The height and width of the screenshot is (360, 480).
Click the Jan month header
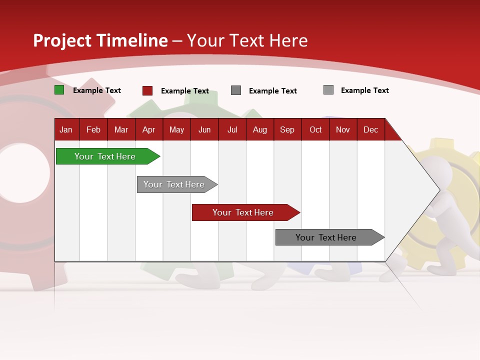(x=66, y=129)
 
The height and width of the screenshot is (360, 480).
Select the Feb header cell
(x=93, y=129)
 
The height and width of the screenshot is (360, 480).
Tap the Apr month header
(x=148, y=129)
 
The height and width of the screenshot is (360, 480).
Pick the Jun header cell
(x=204, y=129)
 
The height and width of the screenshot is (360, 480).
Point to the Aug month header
(x=259, y=129)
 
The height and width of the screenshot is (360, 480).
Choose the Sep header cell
(x=287, y=129)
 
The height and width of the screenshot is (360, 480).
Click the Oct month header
(x=315, y=129)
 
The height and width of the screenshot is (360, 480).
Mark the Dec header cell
(x=370, y=129)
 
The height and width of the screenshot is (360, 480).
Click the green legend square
(x=59, y=90)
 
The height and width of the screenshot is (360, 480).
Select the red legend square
(x=147, y=90)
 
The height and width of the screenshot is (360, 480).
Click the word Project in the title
(x=62, y=40)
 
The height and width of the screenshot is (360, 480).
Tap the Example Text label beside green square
(x=97, y=90)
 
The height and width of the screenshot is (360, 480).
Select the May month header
(x=176, y=129)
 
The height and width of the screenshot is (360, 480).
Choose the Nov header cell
(x=343, y=129)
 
